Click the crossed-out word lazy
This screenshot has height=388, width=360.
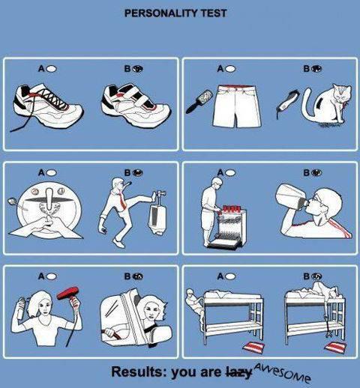[238, 372]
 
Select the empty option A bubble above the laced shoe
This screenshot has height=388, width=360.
[52, 68]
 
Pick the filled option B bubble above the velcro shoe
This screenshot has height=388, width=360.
[138, 68]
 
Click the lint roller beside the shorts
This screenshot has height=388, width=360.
[199, 101]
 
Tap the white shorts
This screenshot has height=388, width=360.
[237, 106]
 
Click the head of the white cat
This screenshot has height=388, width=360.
[342, 93]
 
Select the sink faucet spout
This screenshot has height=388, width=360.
[50, 199]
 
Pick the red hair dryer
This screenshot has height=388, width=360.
[69, 294]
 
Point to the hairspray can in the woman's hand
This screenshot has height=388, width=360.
[21, 309]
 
